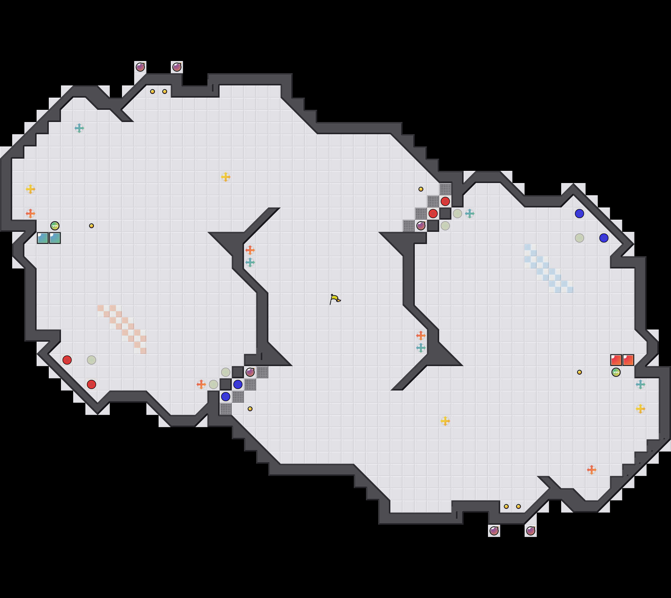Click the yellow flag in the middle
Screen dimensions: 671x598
pos(335,299)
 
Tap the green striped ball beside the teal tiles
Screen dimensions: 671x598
pos(55,226)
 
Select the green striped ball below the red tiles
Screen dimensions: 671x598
pos(616,372)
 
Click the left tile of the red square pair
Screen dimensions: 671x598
pos(616,360)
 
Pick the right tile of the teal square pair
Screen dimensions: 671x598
pos(55,238)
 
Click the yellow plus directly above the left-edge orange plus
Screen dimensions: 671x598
pos(30,189)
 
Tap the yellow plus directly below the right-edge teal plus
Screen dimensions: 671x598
pos(640,409)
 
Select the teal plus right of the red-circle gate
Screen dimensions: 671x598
pos(469,214)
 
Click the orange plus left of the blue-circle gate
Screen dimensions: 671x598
pos(201,384)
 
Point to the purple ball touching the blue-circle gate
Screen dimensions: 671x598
pos(250,372)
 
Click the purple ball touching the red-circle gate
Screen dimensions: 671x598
pos(421,226)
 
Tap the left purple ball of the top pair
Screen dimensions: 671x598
pos(140,67)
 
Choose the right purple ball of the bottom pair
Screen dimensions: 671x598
pos(530,531)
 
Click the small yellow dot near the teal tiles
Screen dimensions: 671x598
pos(91,226)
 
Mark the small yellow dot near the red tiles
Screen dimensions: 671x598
pos(579,372)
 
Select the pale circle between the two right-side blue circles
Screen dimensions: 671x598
pos(579,238)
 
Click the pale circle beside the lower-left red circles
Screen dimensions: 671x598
pos(91,360)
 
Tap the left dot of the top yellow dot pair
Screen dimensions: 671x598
pos(152,91)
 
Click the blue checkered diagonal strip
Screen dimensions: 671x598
pos(549,268)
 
